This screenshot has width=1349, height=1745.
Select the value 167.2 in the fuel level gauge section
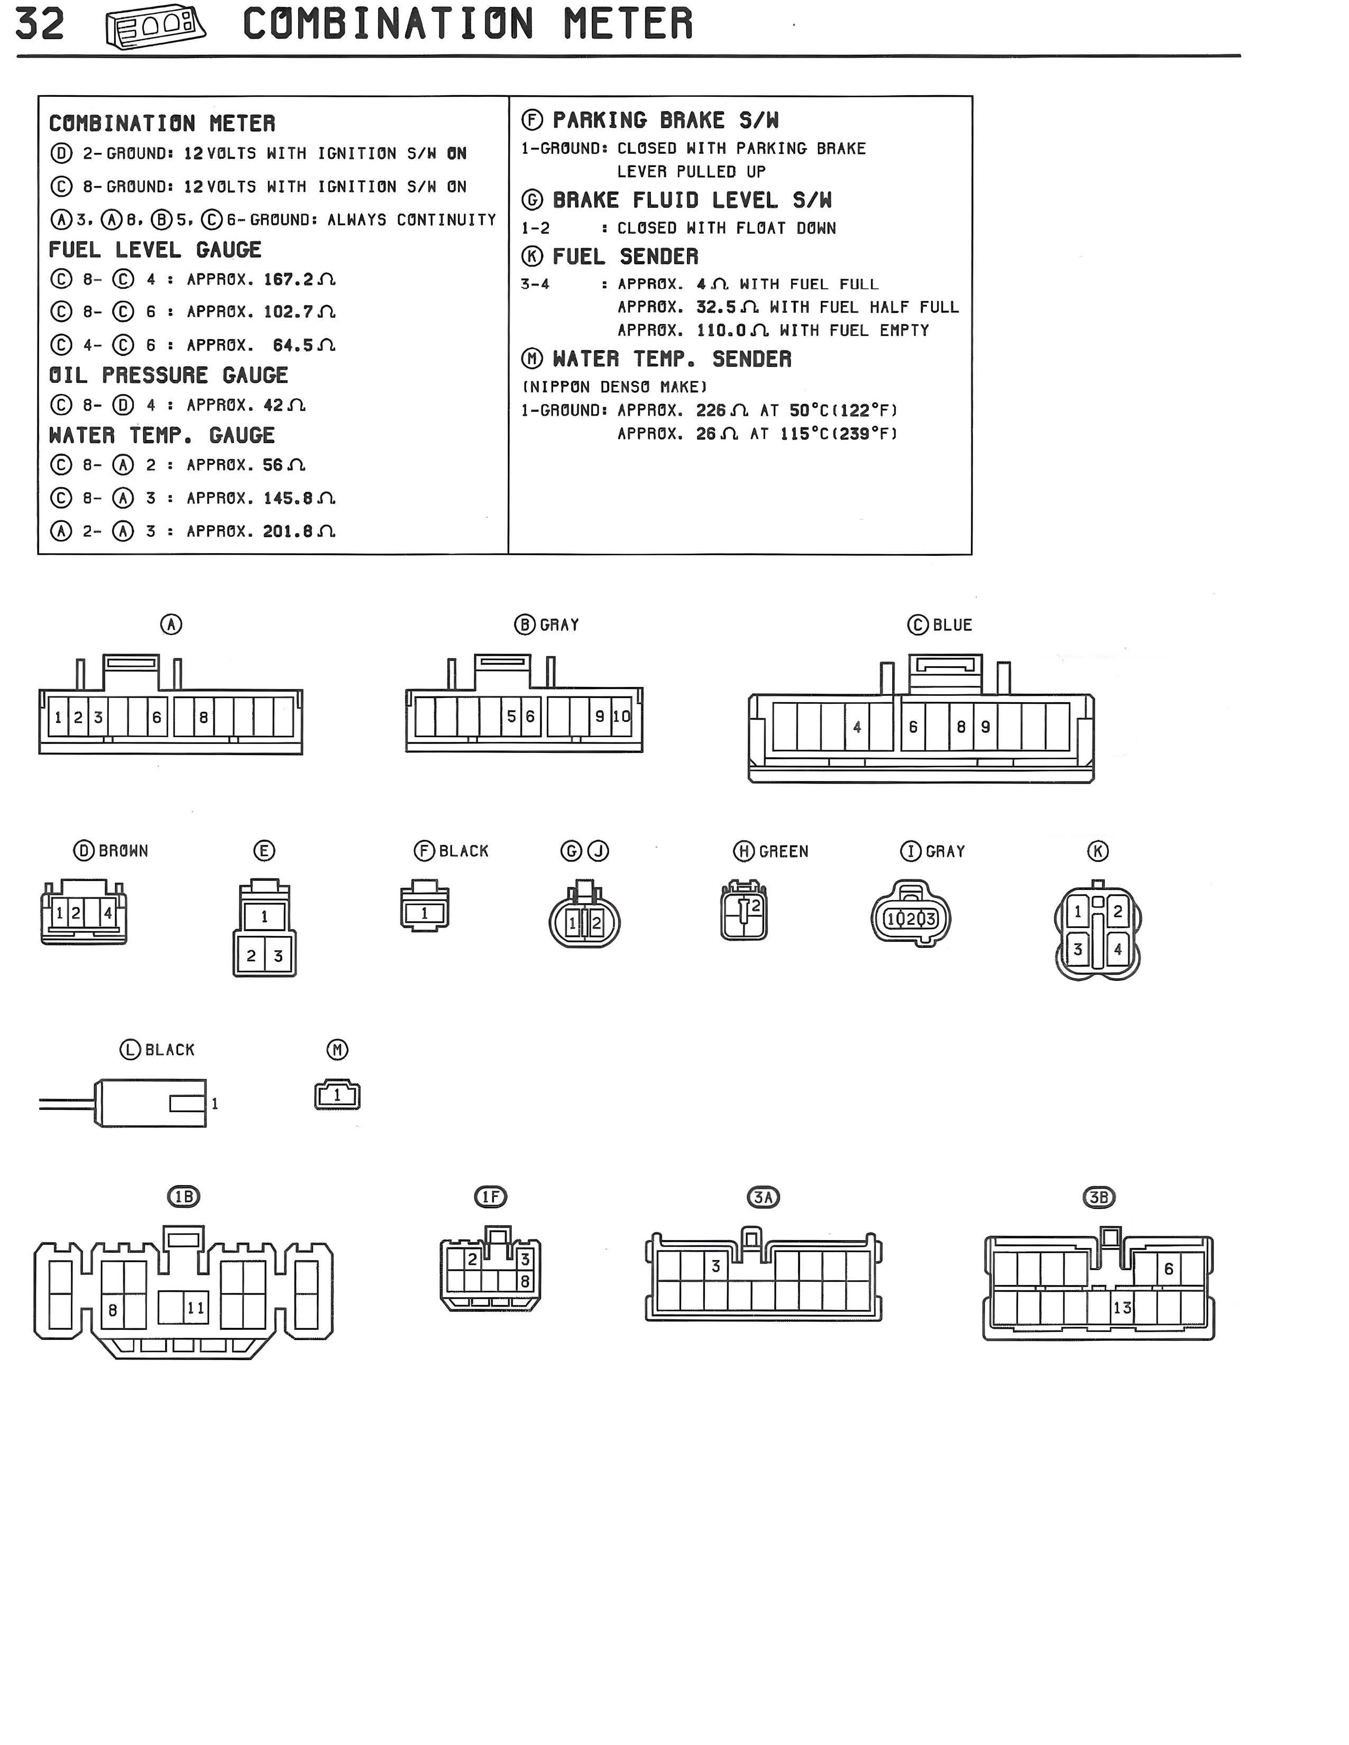(289, 280)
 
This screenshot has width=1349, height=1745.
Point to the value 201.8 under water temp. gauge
(288, 531)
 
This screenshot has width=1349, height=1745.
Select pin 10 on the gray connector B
(622, 717)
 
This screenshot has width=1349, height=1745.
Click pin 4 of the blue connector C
(857, 727)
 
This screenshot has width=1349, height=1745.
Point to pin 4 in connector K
(1117, 950)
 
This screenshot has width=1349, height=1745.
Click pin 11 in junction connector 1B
(196, 1308)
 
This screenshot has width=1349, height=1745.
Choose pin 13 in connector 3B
(1122, 1308)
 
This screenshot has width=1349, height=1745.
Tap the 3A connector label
(763, 1197)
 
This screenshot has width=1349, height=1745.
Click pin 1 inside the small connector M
(337, 1096)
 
